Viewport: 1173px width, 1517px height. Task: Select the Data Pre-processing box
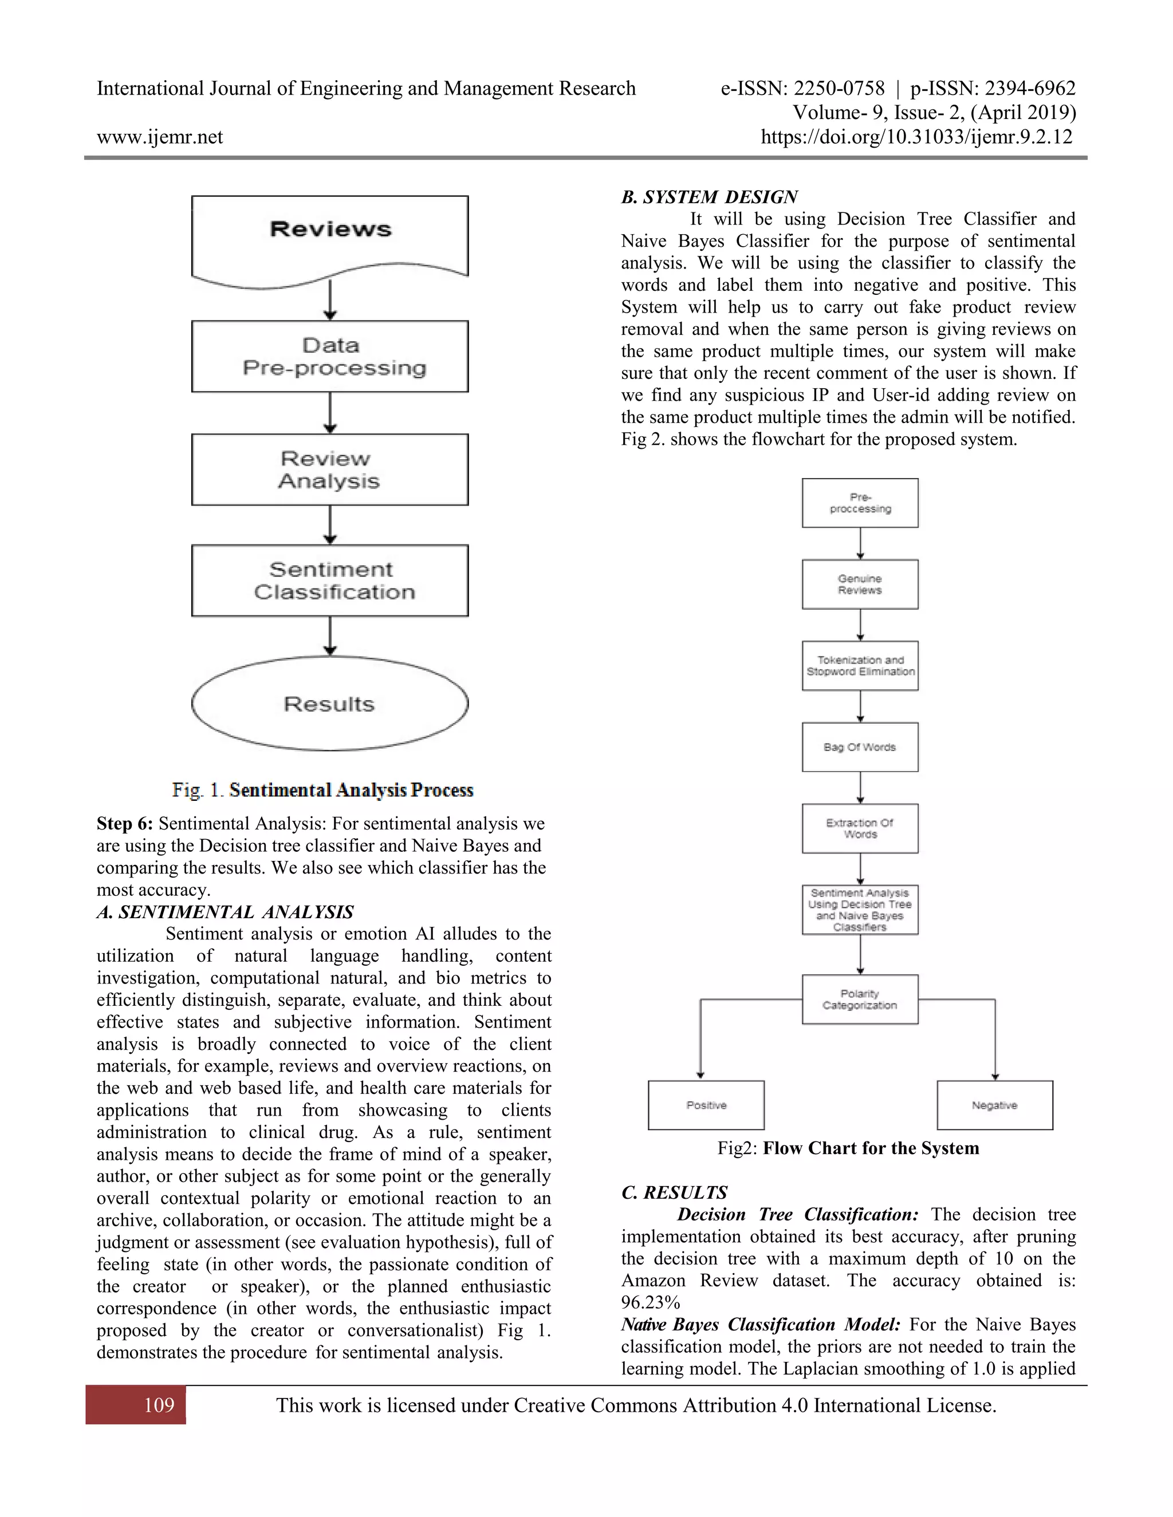[x=330, y=356]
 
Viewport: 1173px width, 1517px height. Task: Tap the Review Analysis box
[x=330, y=469]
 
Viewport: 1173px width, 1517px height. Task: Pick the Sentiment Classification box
[x=330, y=580]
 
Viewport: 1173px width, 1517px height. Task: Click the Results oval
[x=330, y=704]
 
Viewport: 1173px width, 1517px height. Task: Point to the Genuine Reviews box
[x=860, y=584]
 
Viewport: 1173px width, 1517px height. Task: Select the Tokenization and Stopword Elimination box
[x=860, y=665]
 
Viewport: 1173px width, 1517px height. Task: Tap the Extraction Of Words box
[x=860, y=829]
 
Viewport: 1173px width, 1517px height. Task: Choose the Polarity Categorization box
[x=860, y=1000]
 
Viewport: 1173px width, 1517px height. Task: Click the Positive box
[x=706, y=1105]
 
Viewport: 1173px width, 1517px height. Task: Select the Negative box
[x=994, y=1105]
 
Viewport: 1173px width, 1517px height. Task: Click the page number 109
[x=159, y=1405]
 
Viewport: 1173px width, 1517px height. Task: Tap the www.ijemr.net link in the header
[x=160, y=137]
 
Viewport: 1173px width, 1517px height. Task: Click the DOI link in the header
[x=916, y=137]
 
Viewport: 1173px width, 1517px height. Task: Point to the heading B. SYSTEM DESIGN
[x=709, y=197]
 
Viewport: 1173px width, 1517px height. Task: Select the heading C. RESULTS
[x=674, y=1192]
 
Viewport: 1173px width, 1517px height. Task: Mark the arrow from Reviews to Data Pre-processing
[x=330, y=300]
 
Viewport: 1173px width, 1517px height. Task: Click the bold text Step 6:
[x=124, y=824]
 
